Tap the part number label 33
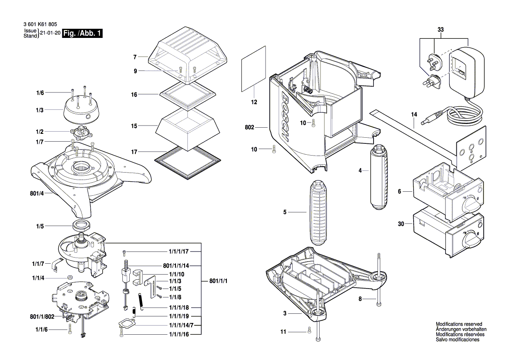440,30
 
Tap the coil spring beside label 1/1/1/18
141,300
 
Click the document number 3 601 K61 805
39,25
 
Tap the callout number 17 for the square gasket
135,152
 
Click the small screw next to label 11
309,330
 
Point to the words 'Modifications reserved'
458,325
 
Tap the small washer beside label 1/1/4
69,278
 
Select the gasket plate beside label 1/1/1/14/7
127,325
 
